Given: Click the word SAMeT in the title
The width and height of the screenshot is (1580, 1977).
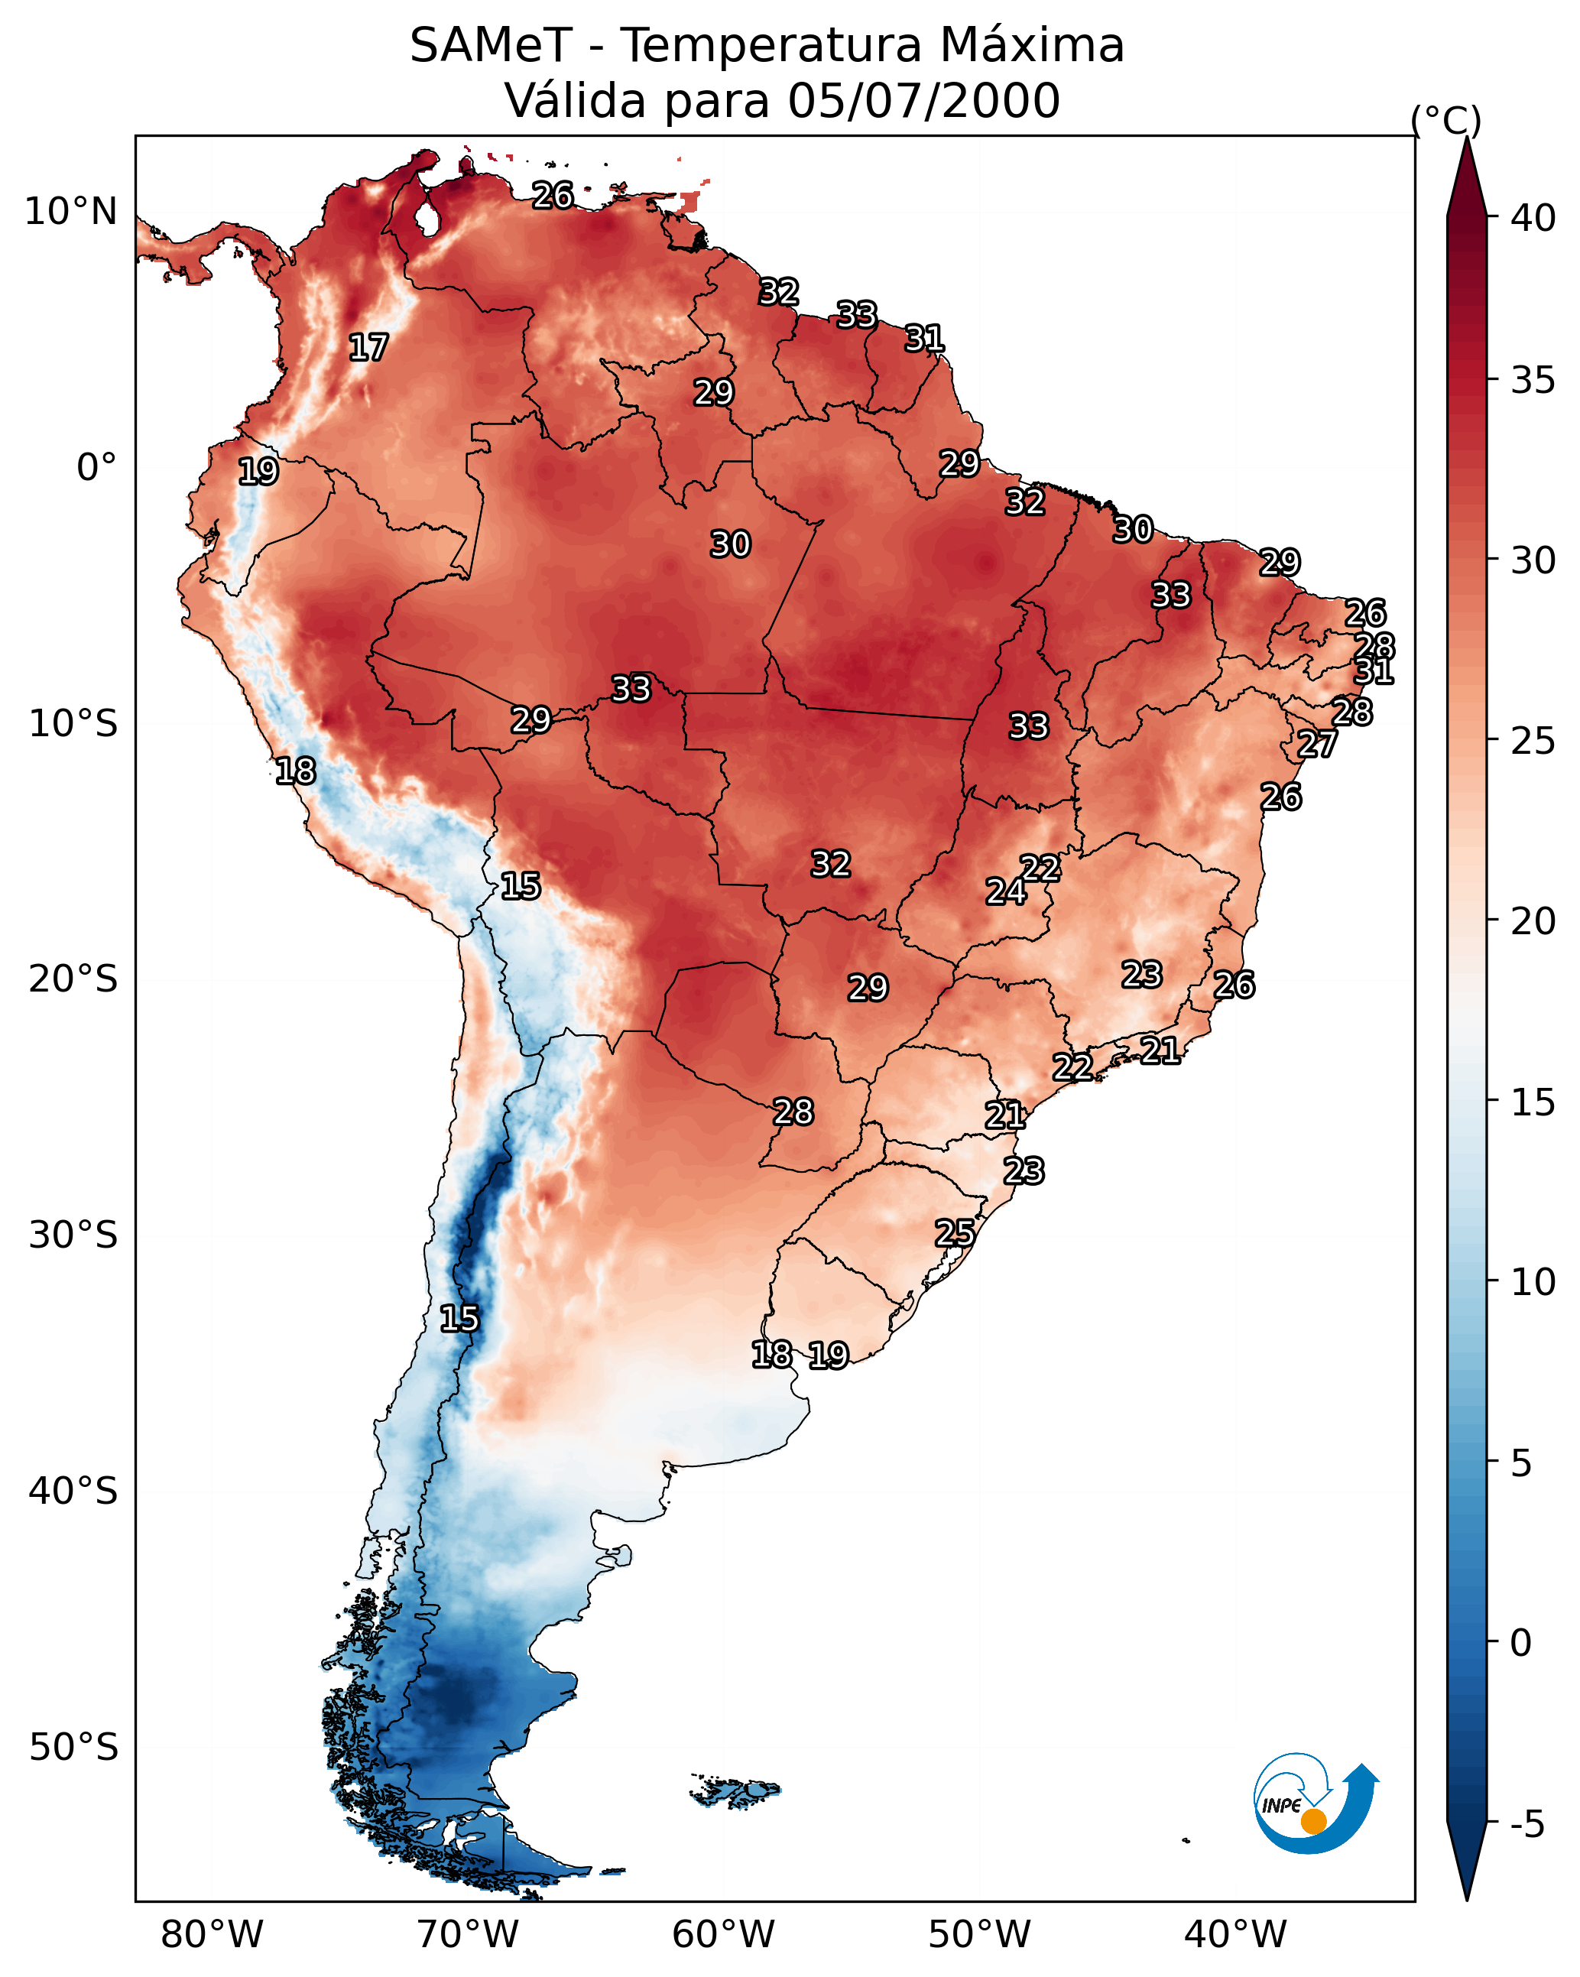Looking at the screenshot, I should pyautogui.click(x=490, y=46).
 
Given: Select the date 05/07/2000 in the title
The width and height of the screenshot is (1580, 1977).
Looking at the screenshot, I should pyautogui.click(x=923, y=101).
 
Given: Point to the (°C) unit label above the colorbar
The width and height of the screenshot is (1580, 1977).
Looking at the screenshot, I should pyautogui.click(x=1445, y=120).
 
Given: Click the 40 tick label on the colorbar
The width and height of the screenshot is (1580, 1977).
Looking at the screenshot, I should pyautogui.click(x=1533, y=218).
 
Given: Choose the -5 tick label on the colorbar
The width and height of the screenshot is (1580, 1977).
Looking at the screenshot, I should pyautogui.click(x=1526, y=1824).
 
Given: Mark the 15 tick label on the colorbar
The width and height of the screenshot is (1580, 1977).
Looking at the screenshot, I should pyautogui.click(x=1533, y=1102).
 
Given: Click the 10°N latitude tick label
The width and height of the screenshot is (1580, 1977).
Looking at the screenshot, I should pyautogui.click(x=70, y=212).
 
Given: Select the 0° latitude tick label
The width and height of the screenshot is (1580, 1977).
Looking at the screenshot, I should pyautogui.click(x=96, y=468).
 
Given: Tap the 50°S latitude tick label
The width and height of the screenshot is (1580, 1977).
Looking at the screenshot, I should pyautogui.click(x=73, y=1748).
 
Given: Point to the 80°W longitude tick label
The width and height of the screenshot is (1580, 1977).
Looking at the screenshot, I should pyautogui.click(x=212, y=1934).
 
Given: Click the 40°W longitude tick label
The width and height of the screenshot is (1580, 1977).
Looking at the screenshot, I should pyautogui.click(x=1235, y=1934).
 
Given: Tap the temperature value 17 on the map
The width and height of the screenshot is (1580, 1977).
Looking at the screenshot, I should pyautogui.click(x=368, y=348).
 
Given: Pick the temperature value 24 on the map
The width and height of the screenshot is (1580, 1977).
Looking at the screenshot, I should pyautogui.click(x=1005, y=891).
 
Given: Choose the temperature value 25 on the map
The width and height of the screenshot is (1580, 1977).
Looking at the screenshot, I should pyautogui.click(x=955, y=1232).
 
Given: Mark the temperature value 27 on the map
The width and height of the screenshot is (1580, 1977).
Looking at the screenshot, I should pyautogui.click(x=1317, y=744).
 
